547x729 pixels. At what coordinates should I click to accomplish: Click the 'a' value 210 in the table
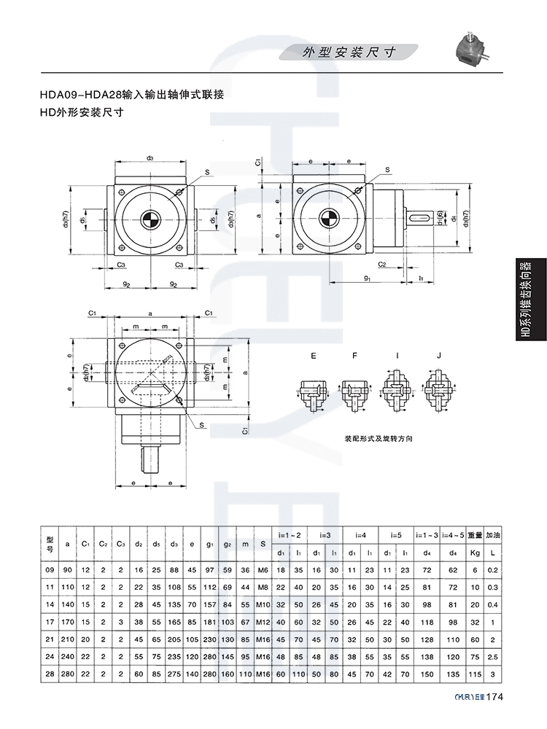(x=68, y=639)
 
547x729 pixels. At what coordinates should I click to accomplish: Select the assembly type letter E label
(x=314, y=356)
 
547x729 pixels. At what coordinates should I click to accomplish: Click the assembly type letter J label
(x=438, y=356)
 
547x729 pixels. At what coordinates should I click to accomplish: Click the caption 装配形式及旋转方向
(x=379, y=440)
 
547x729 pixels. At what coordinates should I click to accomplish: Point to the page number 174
(x=494, y=717)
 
